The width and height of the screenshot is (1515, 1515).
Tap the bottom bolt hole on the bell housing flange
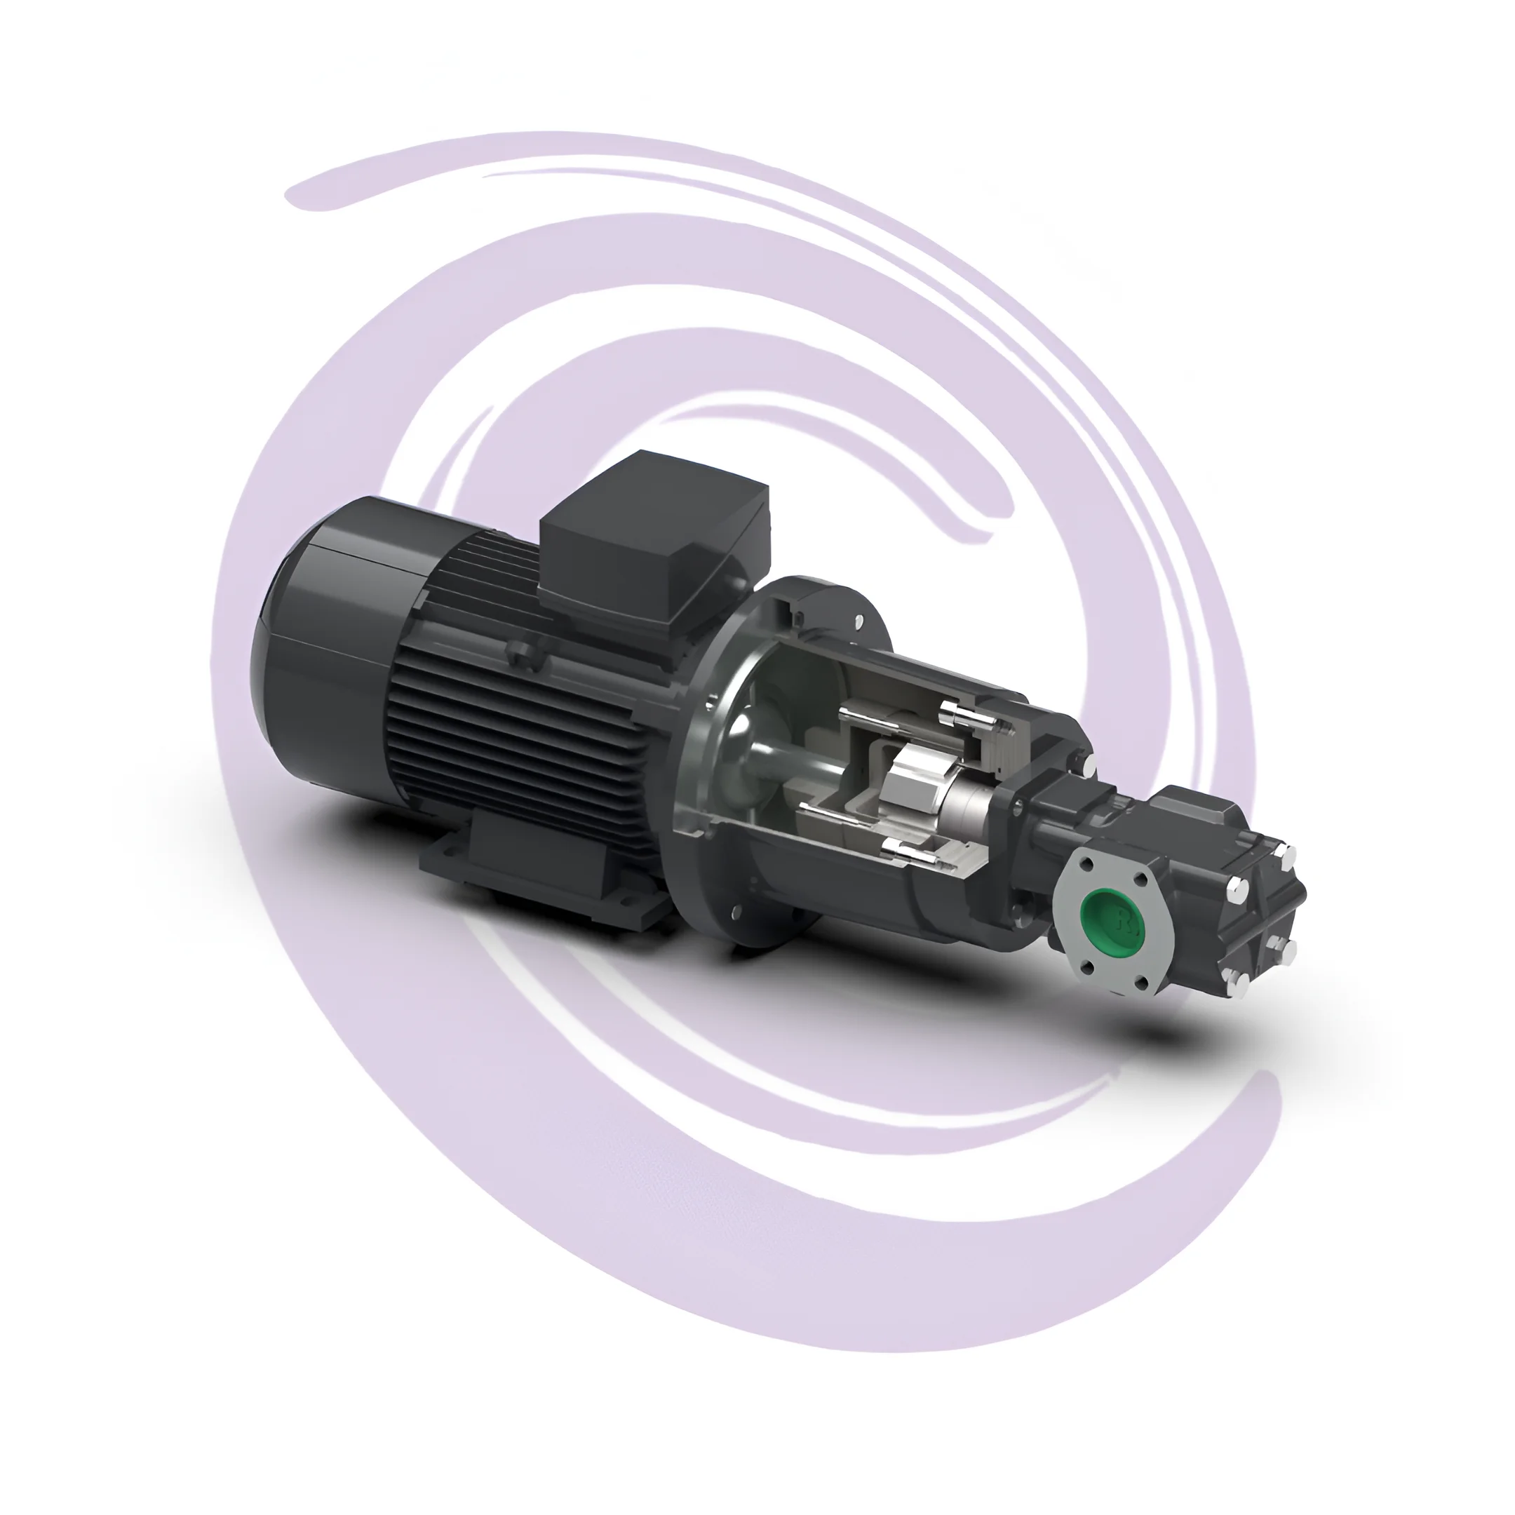pyautogui.click(x=735, y=912)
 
